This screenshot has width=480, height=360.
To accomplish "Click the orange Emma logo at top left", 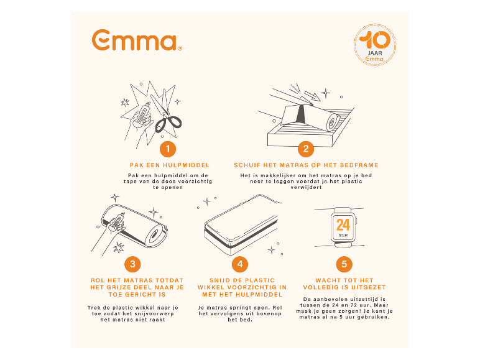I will pos(136,41).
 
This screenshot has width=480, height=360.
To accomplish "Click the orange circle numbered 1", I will pos(168,149).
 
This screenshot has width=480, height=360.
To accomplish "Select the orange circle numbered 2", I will pos(305,149).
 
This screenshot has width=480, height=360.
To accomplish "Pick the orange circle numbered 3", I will pos(132,264).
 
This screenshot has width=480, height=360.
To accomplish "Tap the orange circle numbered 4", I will pos(240,264).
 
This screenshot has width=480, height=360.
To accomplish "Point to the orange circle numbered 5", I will pos(344,264).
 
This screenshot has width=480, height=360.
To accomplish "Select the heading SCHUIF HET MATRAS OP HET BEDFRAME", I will pos(306,165).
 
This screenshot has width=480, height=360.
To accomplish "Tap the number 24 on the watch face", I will pos(343,224).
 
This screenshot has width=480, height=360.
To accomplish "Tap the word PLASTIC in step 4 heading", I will pos(261,280).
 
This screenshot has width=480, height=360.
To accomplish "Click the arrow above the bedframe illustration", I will pos(321,95).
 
